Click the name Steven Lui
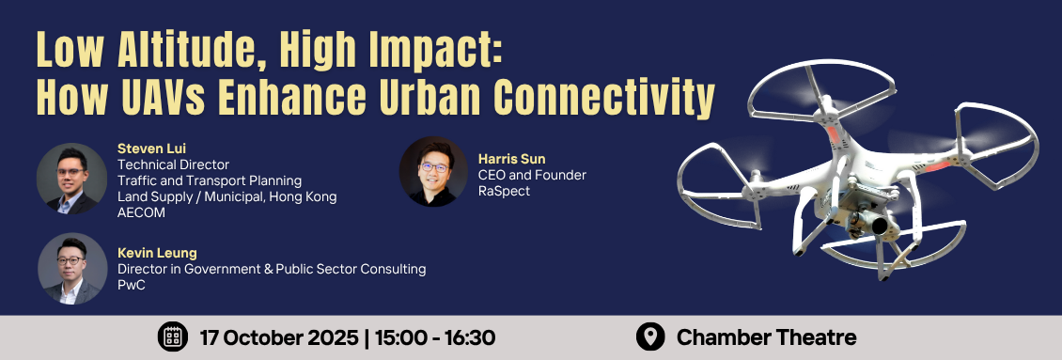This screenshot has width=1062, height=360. click(x=151, y=149)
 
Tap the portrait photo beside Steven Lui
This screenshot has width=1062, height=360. click(x=71, y=179)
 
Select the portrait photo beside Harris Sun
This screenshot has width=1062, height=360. click(x=433, y=172)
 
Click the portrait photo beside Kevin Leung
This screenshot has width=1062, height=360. click(x=72, y=269)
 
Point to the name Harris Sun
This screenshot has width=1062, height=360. click(x=512, y=160)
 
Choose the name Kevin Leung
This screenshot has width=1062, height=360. click(x=157, y=254)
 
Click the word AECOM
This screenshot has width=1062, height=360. click(x=142, y=212)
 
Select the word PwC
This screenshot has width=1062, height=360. click(x=132, y=286)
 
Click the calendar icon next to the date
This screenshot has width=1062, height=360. click(x=173, y=337)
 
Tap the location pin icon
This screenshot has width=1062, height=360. click(x=650, y=337)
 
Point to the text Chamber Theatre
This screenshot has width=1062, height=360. click(x=767, y=337)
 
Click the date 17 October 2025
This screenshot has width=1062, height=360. click(x=280, y=337)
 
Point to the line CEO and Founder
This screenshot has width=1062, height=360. click(x=532, y=176)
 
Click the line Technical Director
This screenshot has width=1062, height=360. click(x=173, y=164)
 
